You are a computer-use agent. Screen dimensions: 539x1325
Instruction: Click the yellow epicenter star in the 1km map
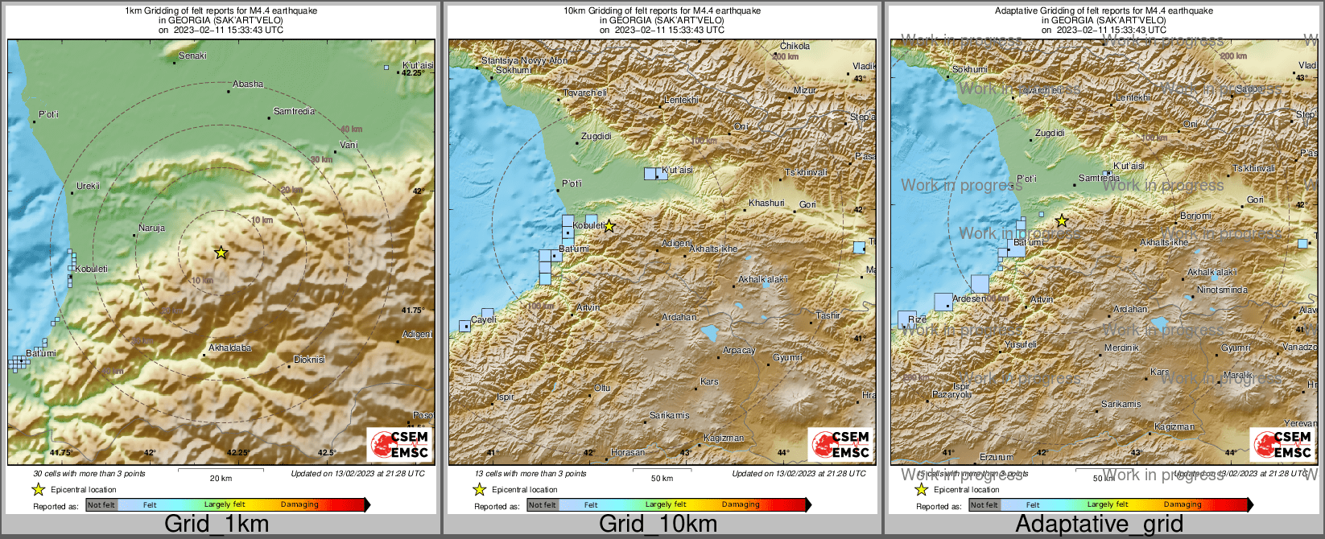click(221, 253)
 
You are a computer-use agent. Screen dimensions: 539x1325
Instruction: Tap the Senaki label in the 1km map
click(192, 56)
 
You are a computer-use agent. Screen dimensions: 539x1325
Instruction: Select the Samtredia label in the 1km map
click(294, 111)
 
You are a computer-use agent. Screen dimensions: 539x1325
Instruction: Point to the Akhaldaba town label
click(229, 348)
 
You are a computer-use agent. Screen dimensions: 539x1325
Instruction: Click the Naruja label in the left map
click(151, 228)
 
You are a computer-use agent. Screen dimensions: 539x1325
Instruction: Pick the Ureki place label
click(88, 186)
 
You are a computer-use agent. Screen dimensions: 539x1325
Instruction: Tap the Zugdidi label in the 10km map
click(596, 136)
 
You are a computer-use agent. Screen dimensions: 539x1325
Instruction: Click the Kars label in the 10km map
click(708, 381)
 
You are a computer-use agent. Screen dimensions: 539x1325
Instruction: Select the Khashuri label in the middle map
click(766, 203)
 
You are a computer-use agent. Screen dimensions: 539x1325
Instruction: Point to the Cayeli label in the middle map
click(483, 319)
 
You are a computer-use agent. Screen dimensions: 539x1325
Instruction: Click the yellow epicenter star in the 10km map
click(609, 226)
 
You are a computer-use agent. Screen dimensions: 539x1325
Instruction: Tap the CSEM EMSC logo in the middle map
click(840, 444)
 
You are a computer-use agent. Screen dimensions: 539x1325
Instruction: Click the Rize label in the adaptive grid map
click(916, 319)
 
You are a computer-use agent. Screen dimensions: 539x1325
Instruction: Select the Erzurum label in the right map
click(996, 457)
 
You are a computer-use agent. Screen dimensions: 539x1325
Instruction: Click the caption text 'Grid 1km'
click(216, 525)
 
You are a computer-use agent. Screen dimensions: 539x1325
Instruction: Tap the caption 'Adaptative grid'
click(1099, 525)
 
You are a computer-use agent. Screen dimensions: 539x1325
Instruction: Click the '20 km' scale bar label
click(221, 478)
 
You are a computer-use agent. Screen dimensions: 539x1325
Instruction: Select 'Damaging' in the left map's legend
click(299, 504)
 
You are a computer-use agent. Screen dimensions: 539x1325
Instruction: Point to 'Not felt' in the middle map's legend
click(542, 504)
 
